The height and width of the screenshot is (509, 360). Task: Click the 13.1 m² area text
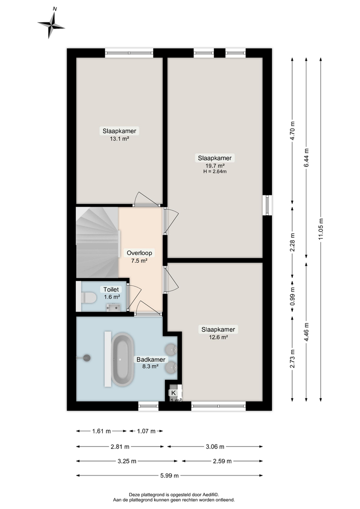119,138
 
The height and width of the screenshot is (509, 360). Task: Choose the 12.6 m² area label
217,336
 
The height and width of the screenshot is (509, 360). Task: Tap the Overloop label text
139,252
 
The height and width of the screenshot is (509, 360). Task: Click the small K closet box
174,393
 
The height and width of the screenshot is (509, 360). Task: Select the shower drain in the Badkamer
87,358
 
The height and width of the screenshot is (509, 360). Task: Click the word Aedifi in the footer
208,494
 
